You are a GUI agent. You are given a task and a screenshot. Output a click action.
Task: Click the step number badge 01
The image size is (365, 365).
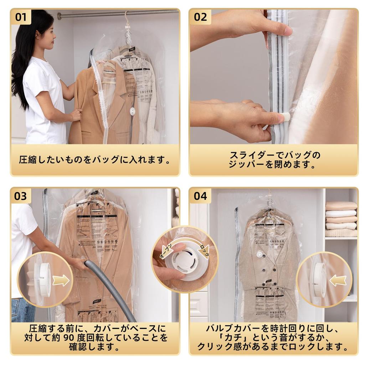[x=21, y=17]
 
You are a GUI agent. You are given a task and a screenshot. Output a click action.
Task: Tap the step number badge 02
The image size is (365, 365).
[x=200, y=17]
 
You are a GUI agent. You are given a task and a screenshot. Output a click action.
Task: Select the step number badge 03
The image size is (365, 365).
[x=21, y=196]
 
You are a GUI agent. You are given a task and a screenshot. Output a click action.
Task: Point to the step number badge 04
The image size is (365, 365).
[x=200, y=196]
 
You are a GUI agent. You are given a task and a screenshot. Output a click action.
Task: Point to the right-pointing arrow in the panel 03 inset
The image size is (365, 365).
[x=61, y=280]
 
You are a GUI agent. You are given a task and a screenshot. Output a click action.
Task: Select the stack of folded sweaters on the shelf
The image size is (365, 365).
[x=341, y=219]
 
